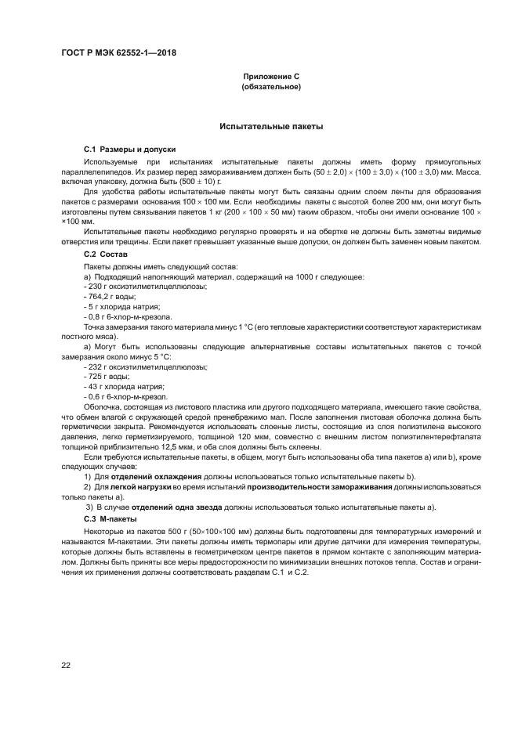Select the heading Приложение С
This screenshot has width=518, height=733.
coord(271,77)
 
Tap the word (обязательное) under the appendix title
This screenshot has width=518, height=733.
coord(271,87)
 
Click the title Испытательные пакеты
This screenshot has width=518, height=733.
coord(271,125)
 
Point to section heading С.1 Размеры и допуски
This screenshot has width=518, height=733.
coord(129,149)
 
